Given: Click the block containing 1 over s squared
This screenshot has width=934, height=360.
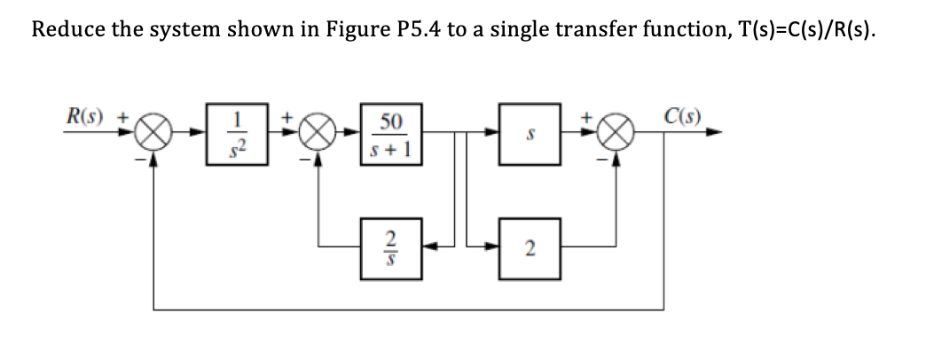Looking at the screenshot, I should pyautogui.click(x=228, y=135).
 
